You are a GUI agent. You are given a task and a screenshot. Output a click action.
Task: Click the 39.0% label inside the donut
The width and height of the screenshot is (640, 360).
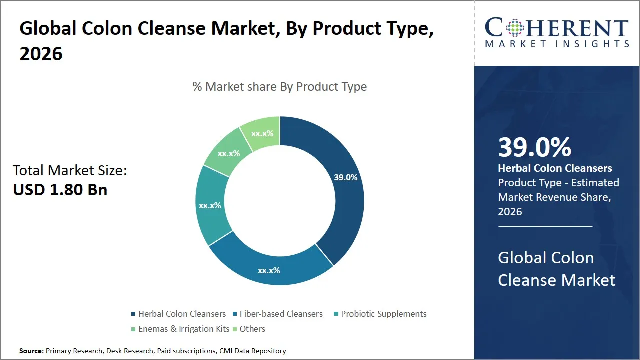tap(345, 177)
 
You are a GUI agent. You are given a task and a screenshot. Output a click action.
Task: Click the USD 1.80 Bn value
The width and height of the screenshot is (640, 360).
tap(60, 190)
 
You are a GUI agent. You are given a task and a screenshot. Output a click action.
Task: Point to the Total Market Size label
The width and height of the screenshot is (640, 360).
tap(70, 171)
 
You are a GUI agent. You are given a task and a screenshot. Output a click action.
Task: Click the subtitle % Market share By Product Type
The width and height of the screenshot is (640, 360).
tap(280, 87)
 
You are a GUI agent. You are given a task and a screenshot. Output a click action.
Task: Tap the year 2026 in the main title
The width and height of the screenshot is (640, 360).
tap(41, 54)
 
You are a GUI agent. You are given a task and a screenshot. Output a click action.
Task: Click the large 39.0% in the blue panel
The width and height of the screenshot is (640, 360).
tap(534, 147)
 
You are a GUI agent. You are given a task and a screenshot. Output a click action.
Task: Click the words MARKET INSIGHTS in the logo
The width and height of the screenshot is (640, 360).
tap(557, 44)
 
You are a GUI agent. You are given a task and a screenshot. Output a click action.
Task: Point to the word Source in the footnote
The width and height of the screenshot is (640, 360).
tap(31, 351)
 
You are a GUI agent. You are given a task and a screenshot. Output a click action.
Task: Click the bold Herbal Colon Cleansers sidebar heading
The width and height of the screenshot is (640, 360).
tap(555, 168)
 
